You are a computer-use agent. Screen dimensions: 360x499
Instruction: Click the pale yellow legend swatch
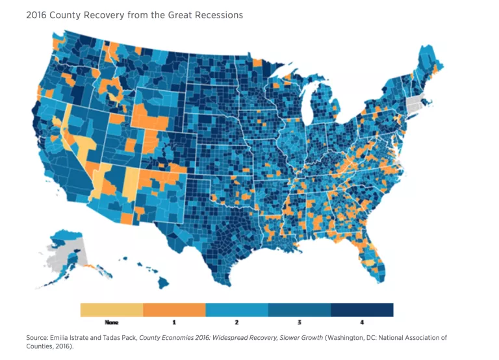point(112,309)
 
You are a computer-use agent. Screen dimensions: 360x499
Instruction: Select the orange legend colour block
point(174,309)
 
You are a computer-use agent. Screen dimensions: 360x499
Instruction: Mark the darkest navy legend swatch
point(362,309)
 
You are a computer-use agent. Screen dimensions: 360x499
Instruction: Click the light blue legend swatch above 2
point(237,309)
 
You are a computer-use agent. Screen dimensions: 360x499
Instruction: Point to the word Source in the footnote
point(38,338)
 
